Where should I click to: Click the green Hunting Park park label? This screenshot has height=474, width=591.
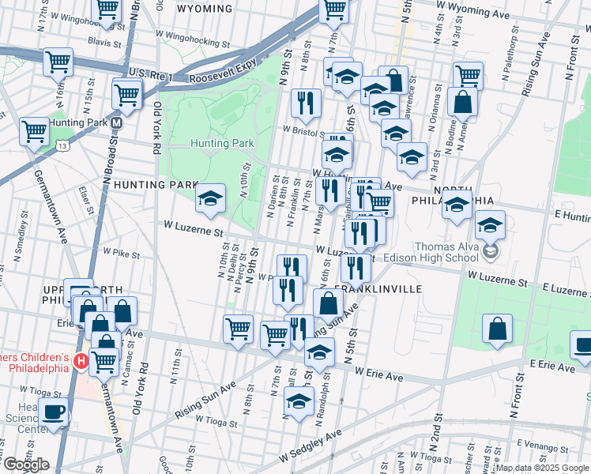pyautogui.click(x=221, y=143)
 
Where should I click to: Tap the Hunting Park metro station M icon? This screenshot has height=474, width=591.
pyautogui.click(x=116, y=123)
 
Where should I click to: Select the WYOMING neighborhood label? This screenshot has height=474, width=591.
pyautogui.click(x=205, y=9)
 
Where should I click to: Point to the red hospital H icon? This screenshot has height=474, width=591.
pyautogui.click(x=79, y=362)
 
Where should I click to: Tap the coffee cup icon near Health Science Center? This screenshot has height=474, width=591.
pyautogui.click(x=53, y=413)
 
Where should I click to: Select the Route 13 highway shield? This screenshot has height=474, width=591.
pyautogui.click(x=62, y=145)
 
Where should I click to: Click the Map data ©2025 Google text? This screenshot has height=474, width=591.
pyautogui.click(x=542, y=468)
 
